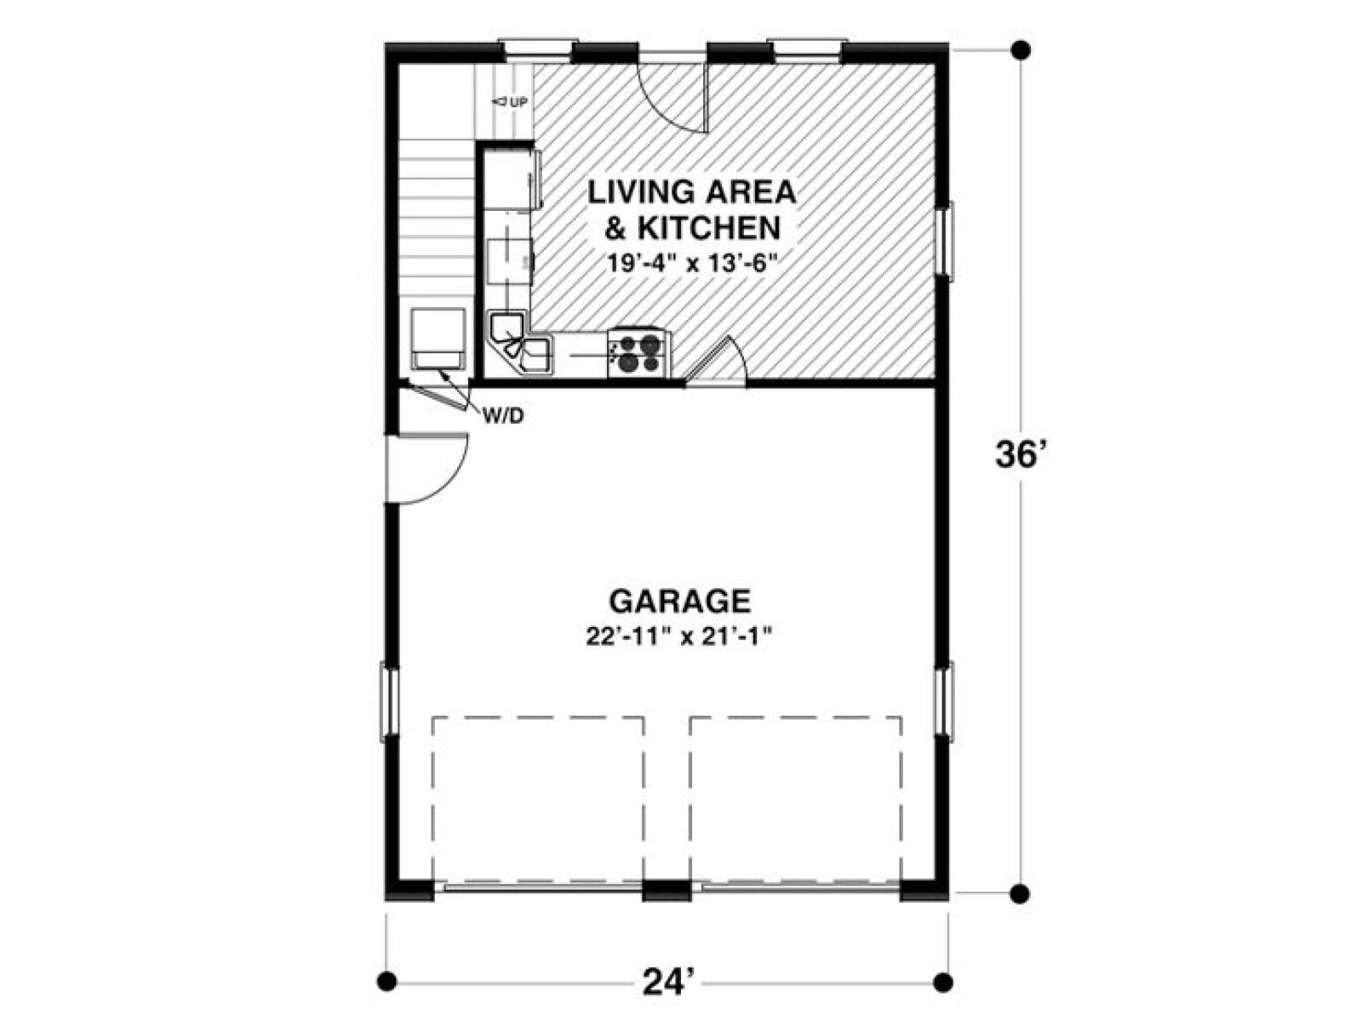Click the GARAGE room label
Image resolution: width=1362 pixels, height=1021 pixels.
click(x=679, y=601)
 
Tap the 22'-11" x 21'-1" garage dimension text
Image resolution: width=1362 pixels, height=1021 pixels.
click(x=679, y=637)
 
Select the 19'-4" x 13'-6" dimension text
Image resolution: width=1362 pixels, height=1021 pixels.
click(x=692, y=264)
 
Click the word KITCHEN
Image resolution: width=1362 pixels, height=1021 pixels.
click(x=709, y=227)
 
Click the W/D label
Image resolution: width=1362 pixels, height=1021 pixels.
click(x=503, y=417)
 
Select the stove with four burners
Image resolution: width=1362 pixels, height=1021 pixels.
click(x=638, y=353)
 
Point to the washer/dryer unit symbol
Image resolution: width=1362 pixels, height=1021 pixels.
click(x=438, y=339)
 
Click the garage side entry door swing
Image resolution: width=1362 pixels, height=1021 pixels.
click(x=432, y=470)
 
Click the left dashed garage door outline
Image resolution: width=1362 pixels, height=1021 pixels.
click(x=538, y=800)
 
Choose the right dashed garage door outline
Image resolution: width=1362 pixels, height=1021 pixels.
click(x=796, y=800)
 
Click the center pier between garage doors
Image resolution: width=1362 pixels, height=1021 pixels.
click(x=667, y=890)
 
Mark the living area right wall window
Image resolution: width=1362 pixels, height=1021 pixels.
click(x=946, y=242)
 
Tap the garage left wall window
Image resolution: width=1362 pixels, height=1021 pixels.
click(x=390, y=703)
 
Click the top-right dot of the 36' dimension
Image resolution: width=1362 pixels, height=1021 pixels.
click(x=1021, y=49)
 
